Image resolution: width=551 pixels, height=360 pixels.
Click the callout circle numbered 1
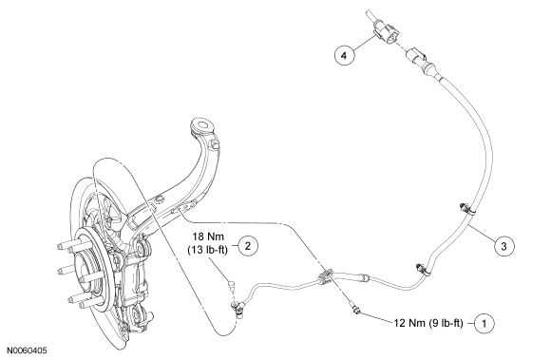[484, 323]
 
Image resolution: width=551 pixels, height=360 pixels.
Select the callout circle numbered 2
[248, 246]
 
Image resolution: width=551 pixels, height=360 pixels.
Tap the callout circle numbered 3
[503, 246]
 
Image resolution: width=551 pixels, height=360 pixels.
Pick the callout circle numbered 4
[344, 55]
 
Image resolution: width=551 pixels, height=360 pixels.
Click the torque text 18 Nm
[208, 236]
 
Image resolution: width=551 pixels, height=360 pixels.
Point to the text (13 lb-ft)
[208, 250]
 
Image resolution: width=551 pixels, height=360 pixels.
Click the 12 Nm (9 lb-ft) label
[428, 323]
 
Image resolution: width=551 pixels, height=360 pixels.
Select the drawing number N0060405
[27, 351]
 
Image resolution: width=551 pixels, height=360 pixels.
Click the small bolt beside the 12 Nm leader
[355, 310]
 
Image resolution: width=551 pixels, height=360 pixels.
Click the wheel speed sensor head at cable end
[237, 309]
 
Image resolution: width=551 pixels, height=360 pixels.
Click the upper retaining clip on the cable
[465, 209]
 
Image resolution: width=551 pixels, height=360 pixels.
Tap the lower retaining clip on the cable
[422, 270]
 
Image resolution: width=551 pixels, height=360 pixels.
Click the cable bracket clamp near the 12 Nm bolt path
[326, 276]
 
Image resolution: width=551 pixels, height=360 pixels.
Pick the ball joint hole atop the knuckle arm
[202, 125]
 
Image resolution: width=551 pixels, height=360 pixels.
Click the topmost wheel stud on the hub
[67, 246]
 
